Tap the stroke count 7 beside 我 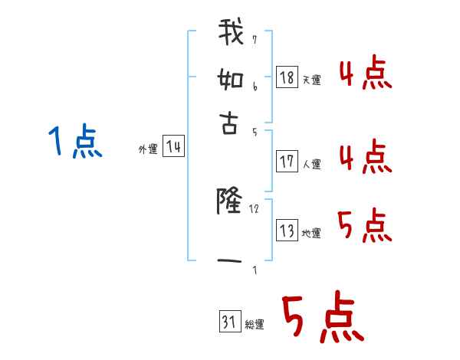255,39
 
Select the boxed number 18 287,77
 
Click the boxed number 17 287,162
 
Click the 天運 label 311,80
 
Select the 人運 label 311,164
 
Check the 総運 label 255,325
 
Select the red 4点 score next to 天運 365,74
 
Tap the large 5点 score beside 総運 323,319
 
